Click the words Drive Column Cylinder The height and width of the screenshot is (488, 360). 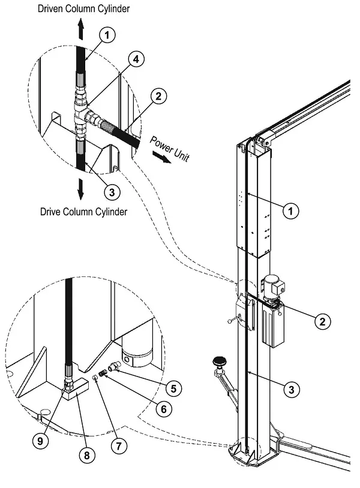83,212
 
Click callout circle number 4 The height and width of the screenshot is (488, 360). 137,59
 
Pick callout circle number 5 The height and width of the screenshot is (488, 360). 173,388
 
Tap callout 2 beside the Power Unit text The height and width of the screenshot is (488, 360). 158,95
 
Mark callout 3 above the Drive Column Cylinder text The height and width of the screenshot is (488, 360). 112,192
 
